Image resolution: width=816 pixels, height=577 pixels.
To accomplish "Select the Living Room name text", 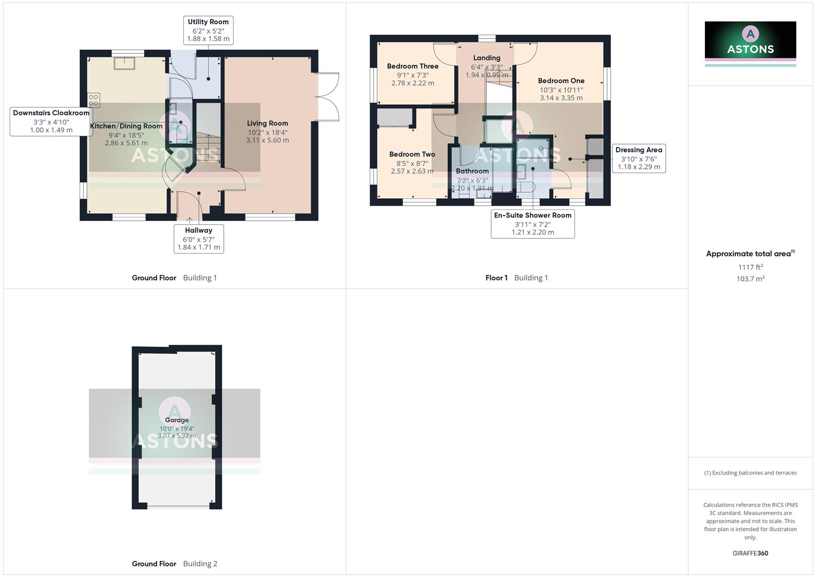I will (267, 123).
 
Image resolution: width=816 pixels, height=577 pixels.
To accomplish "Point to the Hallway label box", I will (198, 238).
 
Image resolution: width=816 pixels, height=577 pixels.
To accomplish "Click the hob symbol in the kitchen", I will (94, 100).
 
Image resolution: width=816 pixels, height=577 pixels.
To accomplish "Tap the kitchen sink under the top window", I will (125, 63).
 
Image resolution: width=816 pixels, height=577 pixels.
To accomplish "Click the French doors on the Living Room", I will (328, 97).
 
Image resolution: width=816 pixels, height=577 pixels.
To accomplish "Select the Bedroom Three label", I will (413, 66).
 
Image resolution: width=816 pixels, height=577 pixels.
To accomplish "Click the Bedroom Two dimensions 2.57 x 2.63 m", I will (412, 171).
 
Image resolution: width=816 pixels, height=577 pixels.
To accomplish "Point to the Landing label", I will (486, 58).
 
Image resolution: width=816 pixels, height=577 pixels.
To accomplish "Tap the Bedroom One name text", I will (561, 81).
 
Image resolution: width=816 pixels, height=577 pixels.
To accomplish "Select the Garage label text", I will (176, 420).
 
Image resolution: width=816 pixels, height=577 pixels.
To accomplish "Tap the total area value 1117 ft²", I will (750, 267).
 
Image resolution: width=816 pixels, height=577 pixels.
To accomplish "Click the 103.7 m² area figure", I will (750, 279).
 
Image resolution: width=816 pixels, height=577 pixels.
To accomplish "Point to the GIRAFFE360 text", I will (750, 553).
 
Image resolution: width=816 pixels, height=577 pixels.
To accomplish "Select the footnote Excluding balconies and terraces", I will (750, 473).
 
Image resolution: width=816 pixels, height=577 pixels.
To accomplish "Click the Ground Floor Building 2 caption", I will (174, 564).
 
